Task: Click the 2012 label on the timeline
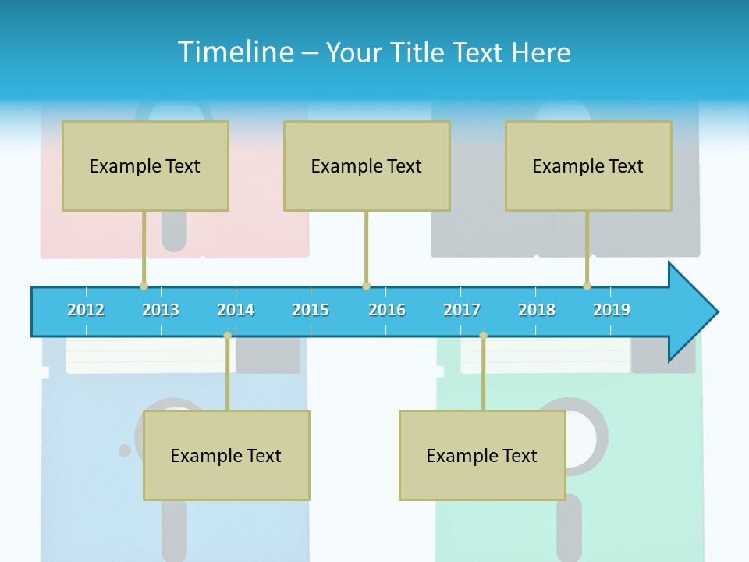coord(86,310)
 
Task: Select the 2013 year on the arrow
coord(161,310)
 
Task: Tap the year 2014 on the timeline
coord(236,310)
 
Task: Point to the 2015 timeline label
coord(311,310)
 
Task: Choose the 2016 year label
coord(387,310)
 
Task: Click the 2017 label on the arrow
coord(462,310)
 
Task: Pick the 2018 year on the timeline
coord(537,310)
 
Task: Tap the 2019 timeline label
coord(612,310)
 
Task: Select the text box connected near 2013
coord(145,166)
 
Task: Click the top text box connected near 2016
coord(367,166)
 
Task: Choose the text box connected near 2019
coord(588,166)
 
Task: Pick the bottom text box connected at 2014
coord(226,456)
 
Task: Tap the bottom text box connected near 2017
coord(482,456)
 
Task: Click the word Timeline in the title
coord(234,52)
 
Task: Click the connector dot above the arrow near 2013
coord(144,286)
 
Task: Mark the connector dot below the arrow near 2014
coord(227,336)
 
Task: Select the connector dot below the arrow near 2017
coord(483,336)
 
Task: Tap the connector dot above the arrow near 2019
coord(587,286)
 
